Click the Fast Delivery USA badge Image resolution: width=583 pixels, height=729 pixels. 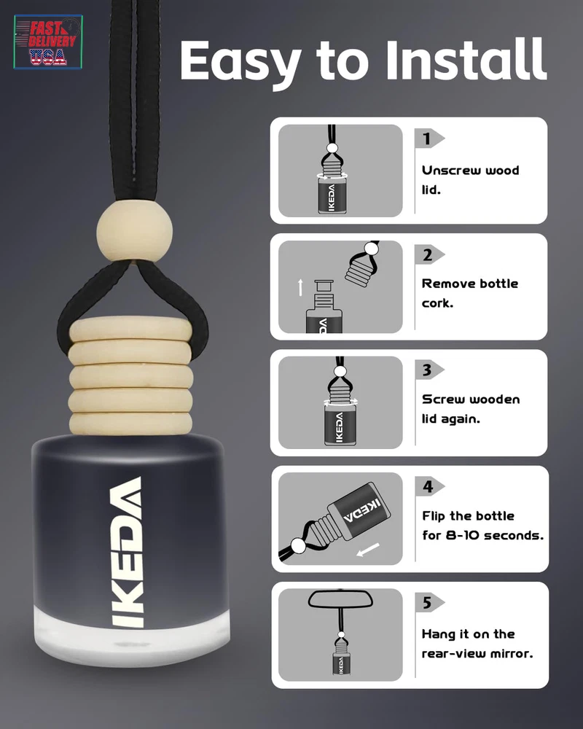48,42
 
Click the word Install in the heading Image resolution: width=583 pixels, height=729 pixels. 466,60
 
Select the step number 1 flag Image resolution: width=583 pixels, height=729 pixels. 429,138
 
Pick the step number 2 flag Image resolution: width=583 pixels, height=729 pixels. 429,254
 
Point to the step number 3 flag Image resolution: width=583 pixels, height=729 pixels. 429,370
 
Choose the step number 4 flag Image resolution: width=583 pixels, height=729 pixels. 429,486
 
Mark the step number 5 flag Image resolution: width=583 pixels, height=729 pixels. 429,603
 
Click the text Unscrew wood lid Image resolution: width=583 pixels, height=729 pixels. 470,180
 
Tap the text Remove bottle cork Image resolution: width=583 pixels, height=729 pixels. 469,293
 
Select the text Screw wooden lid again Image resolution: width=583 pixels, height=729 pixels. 471,409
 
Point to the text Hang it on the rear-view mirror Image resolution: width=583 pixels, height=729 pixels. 477,644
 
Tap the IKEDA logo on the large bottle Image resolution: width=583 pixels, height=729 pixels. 127,552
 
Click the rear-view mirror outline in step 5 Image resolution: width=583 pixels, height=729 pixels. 341,599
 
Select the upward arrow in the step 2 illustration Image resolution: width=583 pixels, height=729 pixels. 300,286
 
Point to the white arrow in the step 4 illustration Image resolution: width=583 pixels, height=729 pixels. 368,550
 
